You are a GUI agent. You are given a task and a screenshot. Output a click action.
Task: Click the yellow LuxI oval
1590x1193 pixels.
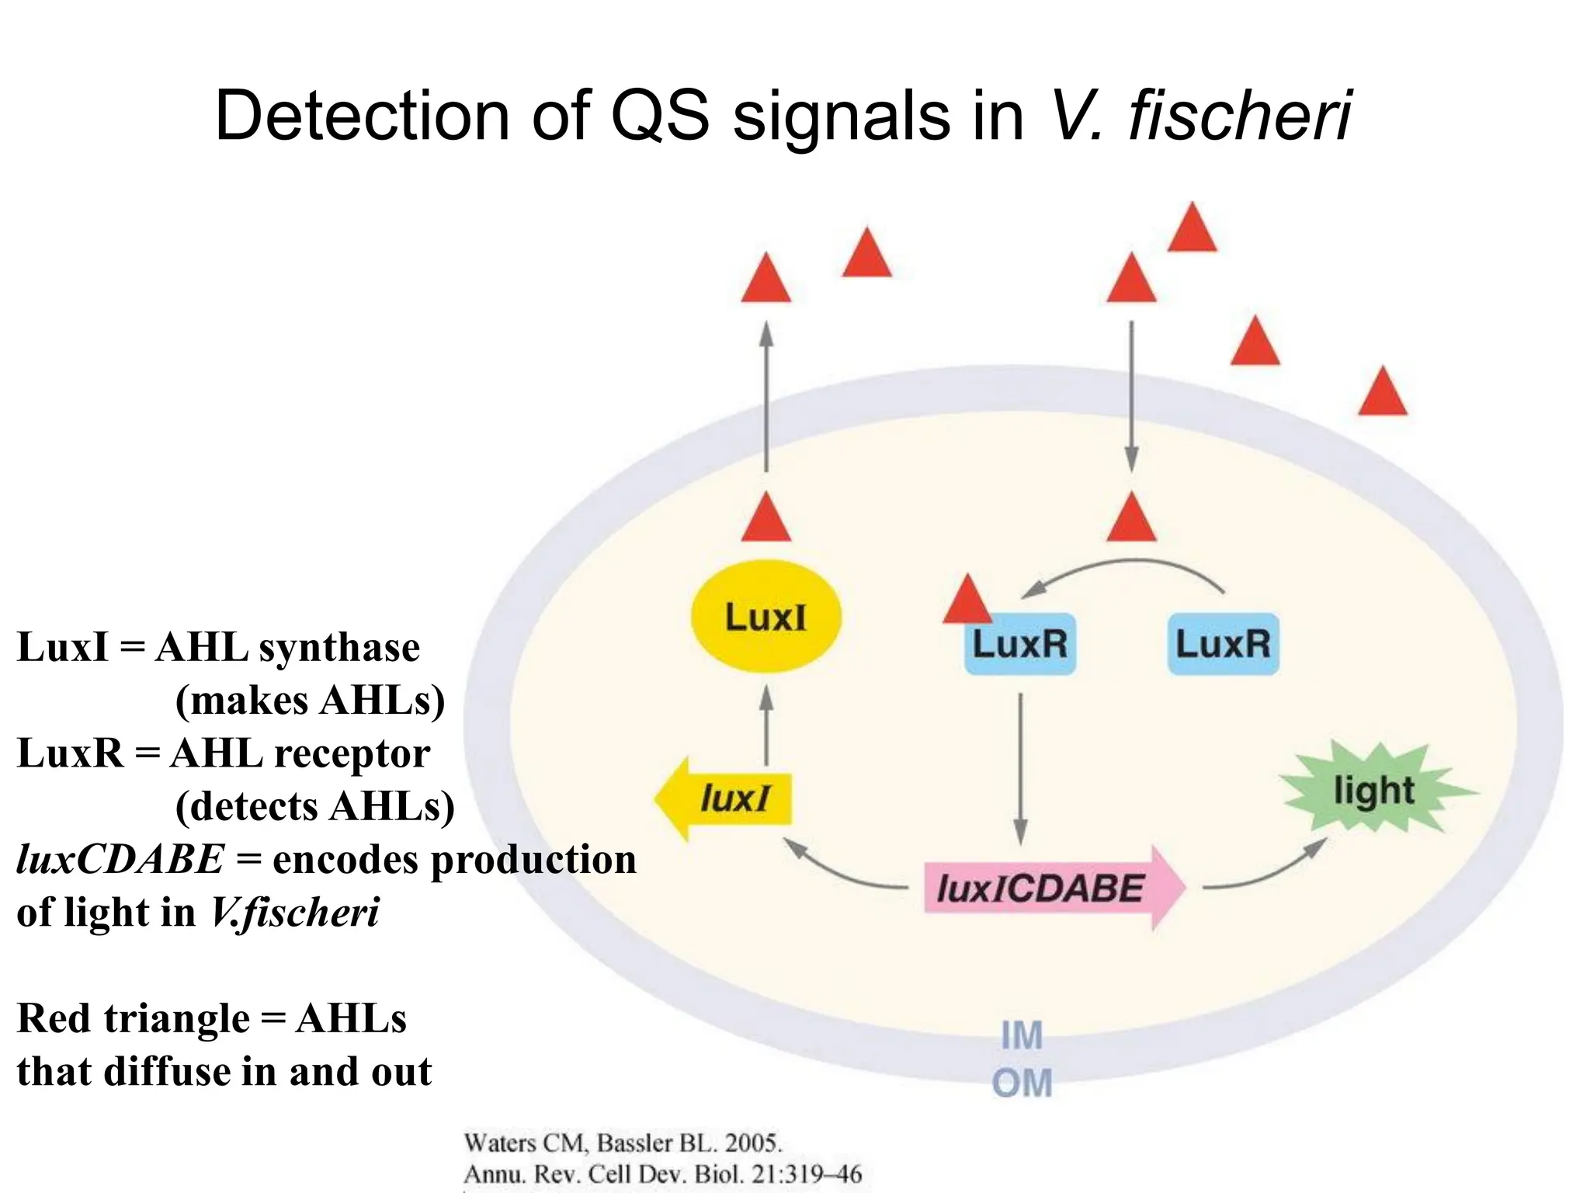point(765,617)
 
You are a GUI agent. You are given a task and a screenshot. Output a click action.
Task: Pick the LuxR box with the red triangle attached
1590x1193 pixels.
point(1020,644)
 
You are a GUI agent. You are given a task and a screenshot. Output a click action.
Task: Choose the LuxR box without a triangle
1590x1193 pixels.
point(1223,644)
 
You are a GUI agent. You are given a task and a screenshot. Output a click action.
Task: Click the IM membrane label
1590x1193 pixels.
point(1021,1035)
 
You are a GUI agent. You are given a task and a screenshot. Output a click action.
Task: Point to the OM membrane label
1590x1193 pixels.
point(1022,1083)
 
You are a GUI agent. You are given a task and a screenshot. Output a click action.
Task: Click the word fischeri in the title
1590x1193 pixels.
point(1240,116)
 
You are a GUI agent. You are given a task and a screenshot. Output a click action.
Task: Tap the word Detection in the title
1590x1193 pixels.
point(362,116)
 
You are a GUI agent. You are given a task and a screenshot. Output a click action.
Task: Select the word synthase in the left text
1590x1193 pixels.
point(339,647)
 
